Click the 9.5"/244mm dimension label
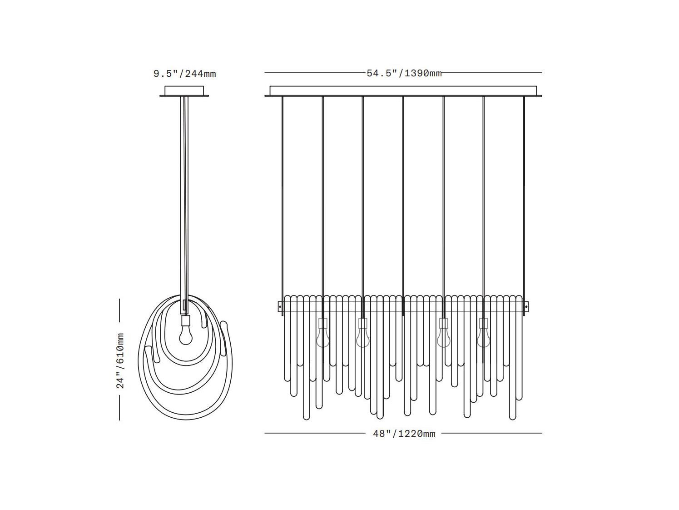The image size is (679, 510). (x=185, y=74)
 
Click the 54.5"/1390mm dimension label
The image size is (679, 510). (x=404, y=73)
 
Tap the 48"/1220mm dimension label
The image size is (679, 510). (x=404, y=434)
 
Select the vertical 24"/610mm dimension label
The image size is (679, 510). (x=120, y=360)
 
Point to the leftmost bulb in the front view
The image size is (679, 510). (x=322, y=338)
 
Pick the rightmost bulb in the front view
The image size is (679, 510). (x=483, y=338)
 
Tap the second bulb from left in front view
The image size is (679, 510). (x=362, y=338)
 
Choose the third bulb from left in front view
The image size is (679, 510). (x=443, y=338)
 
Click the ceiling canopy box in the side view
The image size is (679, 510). (x=184, y=90)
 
